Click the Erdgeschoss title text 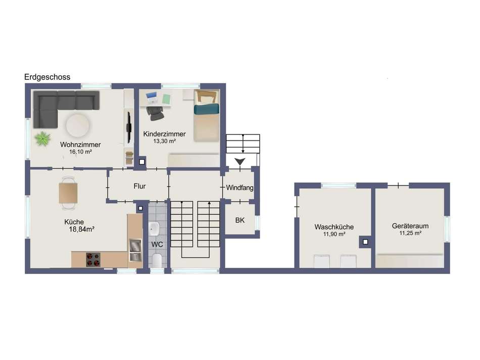point(47,77)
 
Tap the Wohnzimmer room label point(80,145)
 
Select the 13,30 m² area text point(164,141)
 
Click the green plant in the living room point(42,139)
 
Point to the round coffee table point(78,125)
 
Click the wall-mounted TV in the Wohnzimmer point(129,127)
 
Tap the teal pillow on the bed point(207,109)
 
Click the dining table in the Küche point(68,193)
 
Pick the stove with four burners point(93,259)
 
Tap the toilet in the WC point(157,260)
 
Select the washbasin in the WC point(154,229)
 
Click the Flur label point(139,186)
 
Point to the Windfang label point(239,188)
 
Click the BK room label point(240,220)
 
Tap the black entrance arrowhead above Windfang point(240,161)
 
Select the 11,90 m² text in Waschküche point(334,234)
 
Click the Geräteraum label point(410,226)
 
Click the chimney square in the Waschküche point(365,242)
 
